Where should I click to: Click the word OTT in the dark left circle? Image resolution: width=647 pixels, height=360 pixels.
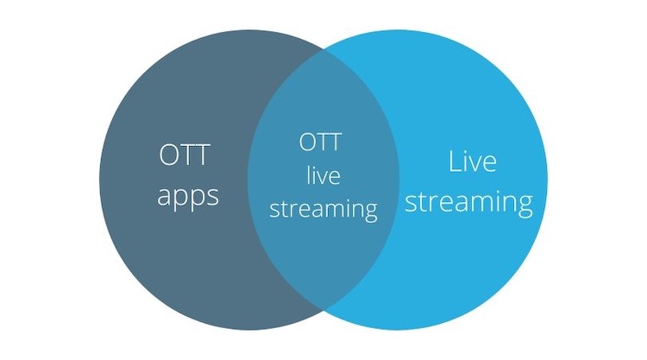[x=185, y=155]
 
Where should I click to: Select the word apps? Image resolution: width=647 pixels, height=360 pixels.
[x=188, y=197]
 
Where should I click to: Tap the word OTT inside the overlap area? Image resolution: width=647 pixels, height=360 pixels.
[x=321, y=142]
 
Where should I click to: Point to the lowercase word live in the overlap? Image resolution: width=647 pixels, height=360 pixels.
[x=323, y=175]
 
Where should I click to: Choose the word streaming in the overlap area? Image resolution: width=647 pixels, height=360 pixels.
[x=323, y=209]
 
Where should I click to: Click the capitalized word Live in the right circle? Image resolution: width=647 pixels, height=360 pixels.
[x=472, y=161]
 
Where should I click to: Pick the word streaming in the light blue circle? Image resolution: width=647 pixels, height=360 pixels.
[x=468, y=202]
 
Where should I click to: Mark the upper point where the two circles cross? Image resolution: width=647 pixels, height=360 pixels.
[x=323, y=49]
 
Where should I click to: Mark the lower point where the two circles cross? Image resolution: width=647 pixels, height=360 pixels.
[x=323, y=310]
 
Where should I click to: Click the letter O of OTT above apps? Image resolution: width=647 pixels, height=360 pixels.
[x=169, y=155]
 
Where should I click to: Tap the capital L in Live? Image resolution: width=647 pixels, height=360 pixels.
[x=455, y=161]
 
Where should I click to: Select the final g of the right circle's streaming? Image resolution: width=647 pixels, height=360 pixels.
[x=524, y=205]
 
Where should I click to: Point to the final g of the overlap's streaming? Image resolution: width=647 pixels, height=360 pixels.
[x=371, y=212]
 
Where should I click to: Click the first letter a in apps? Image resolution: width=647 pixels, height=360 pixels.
[x=165, y=197]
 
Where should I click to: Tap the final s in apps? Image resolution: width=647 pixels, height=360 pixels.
[x=213, y=197]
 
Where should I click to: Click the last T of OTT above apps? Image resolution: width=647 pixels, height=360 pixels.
[x=202, y=155]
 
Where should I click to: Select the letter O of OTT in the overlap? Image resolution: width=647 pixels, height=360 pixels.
[x=308, y=142]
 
